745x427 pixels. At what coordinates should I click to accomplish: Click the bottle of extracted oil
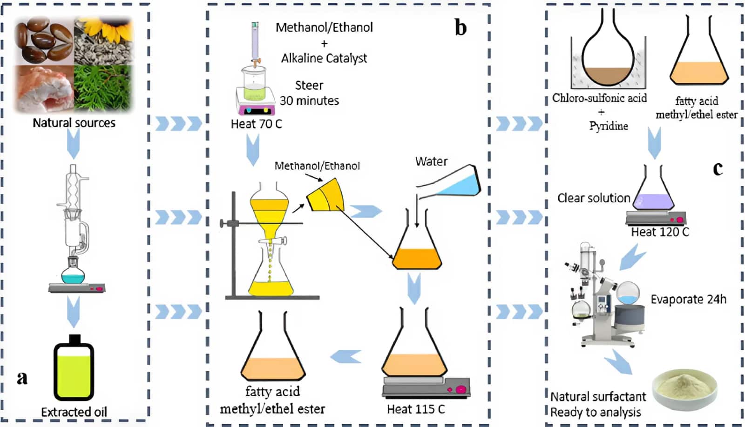(x=74, y=368)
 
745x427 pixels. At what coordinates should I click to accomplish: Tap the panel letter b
(x=461, y=27)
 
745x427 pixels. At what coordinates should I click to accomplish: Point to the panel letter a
(x=22, y=378)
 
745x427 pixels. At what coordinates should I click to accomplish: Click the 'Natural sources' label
(x=74, y=123)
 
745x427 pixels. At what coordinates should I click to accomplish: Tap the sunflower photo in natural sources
(x=104, y=41)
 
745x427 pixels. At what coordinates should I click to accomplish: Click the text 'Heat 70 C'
(x=257, y=124)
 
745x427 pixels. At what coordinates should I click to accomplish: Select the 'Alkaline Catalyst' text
(x=324, y=59)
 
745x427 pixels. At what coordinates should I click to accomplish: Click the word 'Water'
(x=431, y=161)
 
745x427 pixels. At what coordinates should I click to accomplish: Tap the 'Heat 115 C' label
(x=416, y=409)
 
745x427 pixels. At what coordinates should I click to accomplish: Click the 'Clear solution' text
(x=594, y=198)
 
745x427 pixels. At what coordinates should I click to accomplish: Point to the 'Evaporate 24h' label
(x=689, y=300)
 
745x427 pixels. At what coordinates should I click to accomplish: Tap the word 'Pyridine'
(x=609, y=126)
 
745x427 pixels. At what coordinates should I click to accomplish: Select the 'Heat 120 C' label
(x=660, y=232)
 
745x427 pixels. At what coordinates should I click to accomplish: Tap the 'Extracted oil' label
(x=74, y=413)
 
